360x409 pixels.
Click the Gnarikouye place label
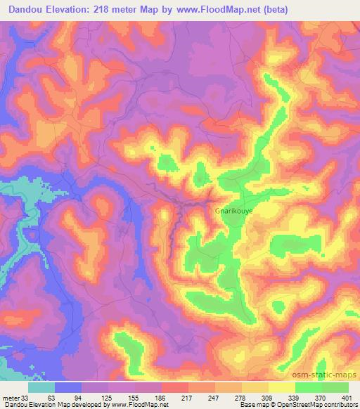click(x=233, y=209)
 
